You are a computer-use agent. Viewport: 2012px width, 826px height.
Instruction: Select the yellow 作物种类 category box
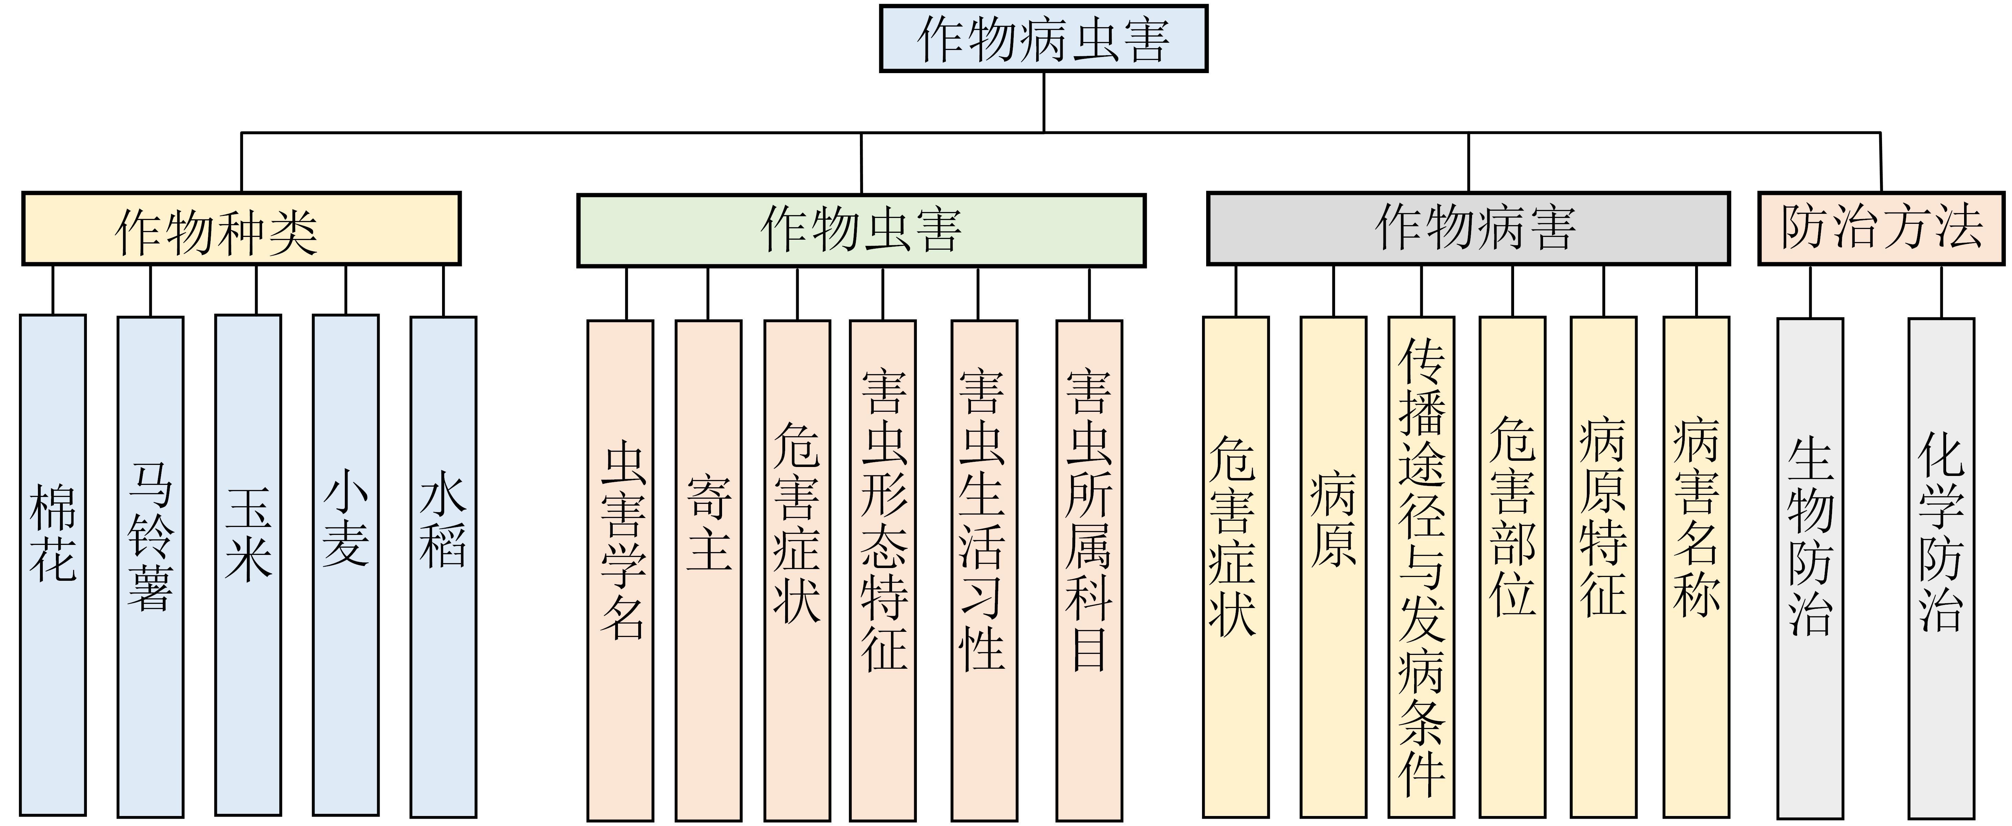click(241, 229)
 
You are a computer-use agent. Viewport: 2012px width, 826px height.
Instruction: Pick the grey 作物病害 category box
click(1468, 229)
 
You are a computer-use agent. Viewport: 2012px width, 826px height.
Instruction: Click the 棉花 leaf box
click(53, 564)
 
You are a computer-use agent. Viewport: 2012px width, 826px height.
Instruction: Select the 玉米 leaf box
click(248, 564)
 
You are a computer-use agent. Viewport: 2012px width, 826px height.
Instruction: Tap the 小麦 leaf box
click(346, 564)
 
